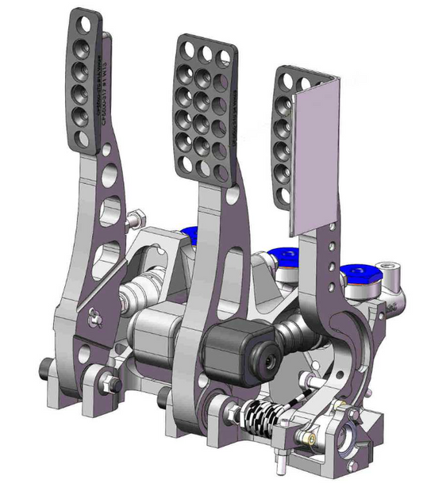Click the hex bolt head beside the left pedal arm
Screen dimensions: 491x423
click(134, 215)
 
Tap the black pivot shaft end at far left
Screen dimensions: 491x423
click(44, 367)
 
